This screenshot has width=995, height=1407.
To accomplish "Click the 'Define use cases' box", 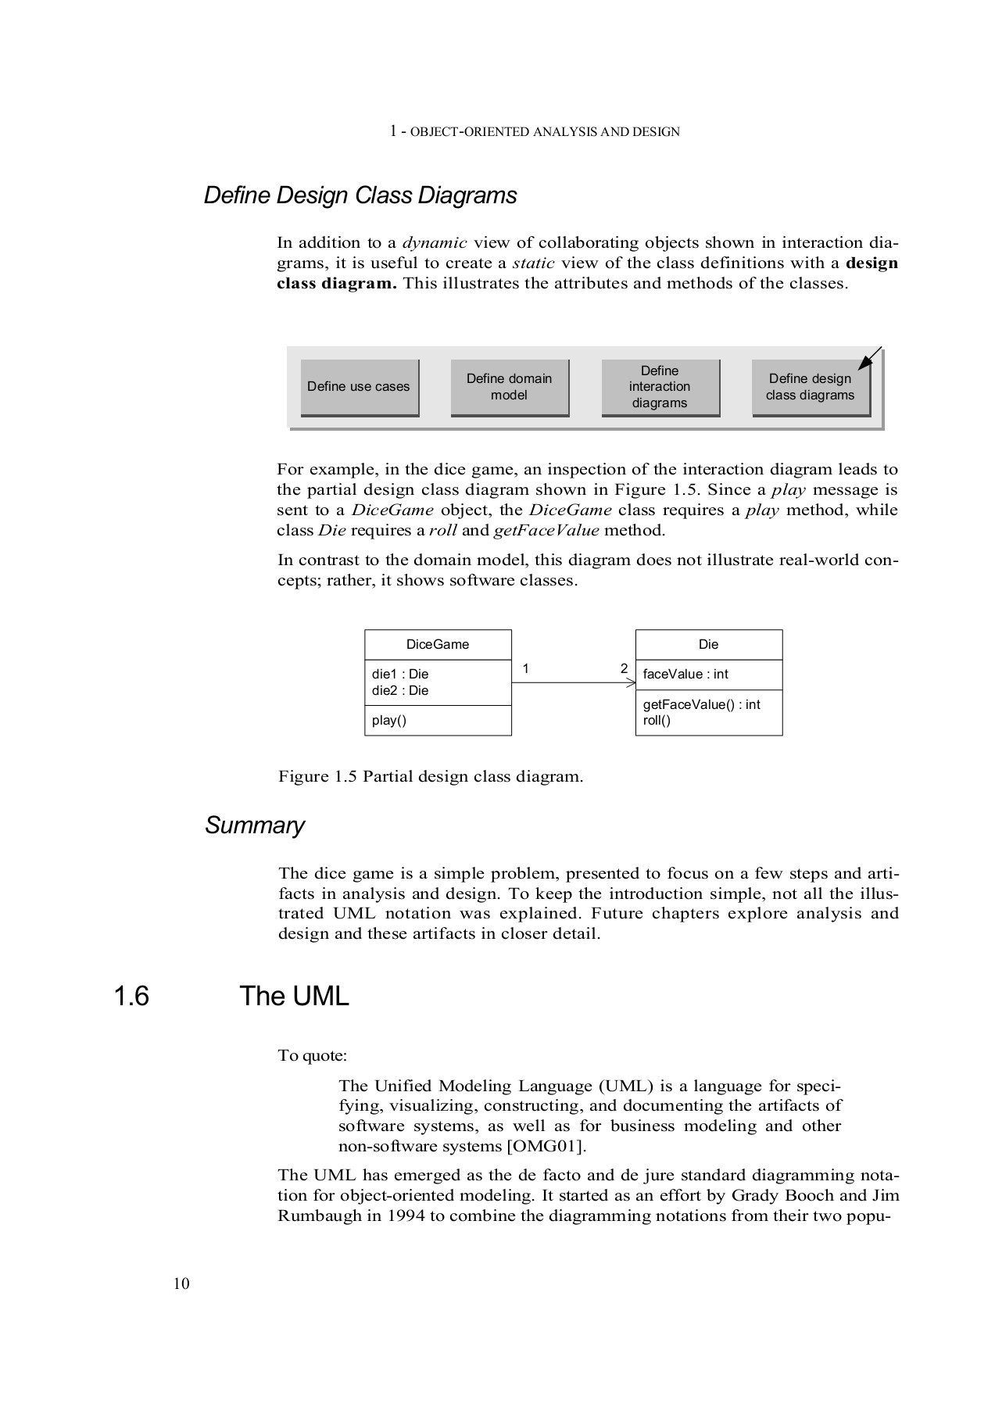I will (359, 387).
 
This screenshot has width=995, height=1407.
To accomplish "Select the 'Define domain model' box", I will (509, 387).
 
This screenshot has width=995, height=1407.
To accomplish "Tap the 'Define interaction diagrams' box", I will (660, 387).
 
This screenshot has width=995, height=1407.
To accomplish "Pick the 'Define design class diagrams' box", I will (810, 387).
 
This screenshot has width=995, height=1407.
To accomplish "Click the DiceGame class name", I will (438, 645).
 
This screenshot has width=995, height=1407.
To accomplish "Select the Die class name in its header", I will (708, 645).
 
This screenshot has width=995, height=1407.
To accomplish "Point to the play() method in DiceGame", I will (389, 721).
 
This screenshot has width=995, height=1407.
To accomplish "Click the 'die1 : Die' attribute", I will (400, 674).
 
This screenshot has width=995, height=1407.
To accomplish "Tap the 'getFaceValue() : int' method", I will (701, 704).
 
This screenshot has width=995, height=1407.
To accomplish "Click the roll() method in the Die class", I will (657, 721).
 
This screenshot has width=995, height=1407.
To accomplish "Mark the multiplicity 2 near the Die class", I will (624, 668).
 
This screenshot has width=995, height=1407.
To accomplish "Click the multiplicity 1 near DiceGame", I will (526, 668).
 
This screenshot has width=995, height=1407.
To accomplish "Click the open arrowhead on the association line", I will (631, 683).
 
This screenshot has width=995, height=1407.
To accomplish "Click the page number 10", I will (181, 1284).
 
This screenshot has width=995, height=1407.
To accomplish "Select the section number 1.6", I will (131, 997).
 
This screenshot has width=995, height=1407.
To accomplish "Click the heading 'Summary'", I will (255, 825).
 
